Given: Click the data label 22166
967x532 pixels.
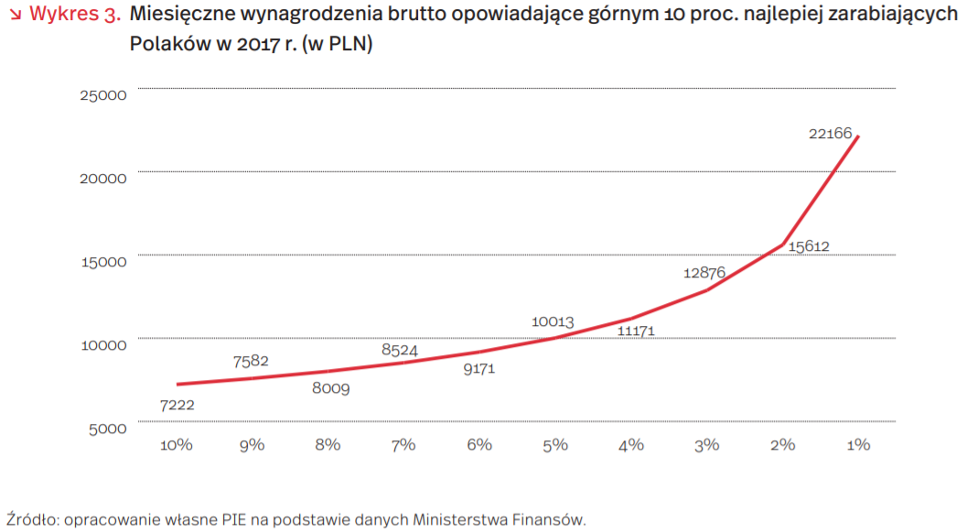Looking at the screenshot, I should tap(830, 134).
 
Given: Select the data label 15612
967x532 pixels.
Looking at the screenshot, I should tap(808, 246).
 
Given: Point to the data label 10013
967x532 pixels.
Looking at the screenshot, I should tap(553, 322).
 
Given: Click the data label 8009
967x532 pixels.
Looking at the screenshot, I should tap(330, 388).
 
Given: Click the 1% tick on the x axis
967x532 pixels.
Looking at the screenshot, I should tap(858, 445).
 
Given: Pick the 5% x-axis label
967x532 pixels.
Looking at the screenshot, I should tap(555, 445).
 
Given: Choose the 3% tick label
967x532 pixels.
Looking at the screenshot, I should tap(706, 445).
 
